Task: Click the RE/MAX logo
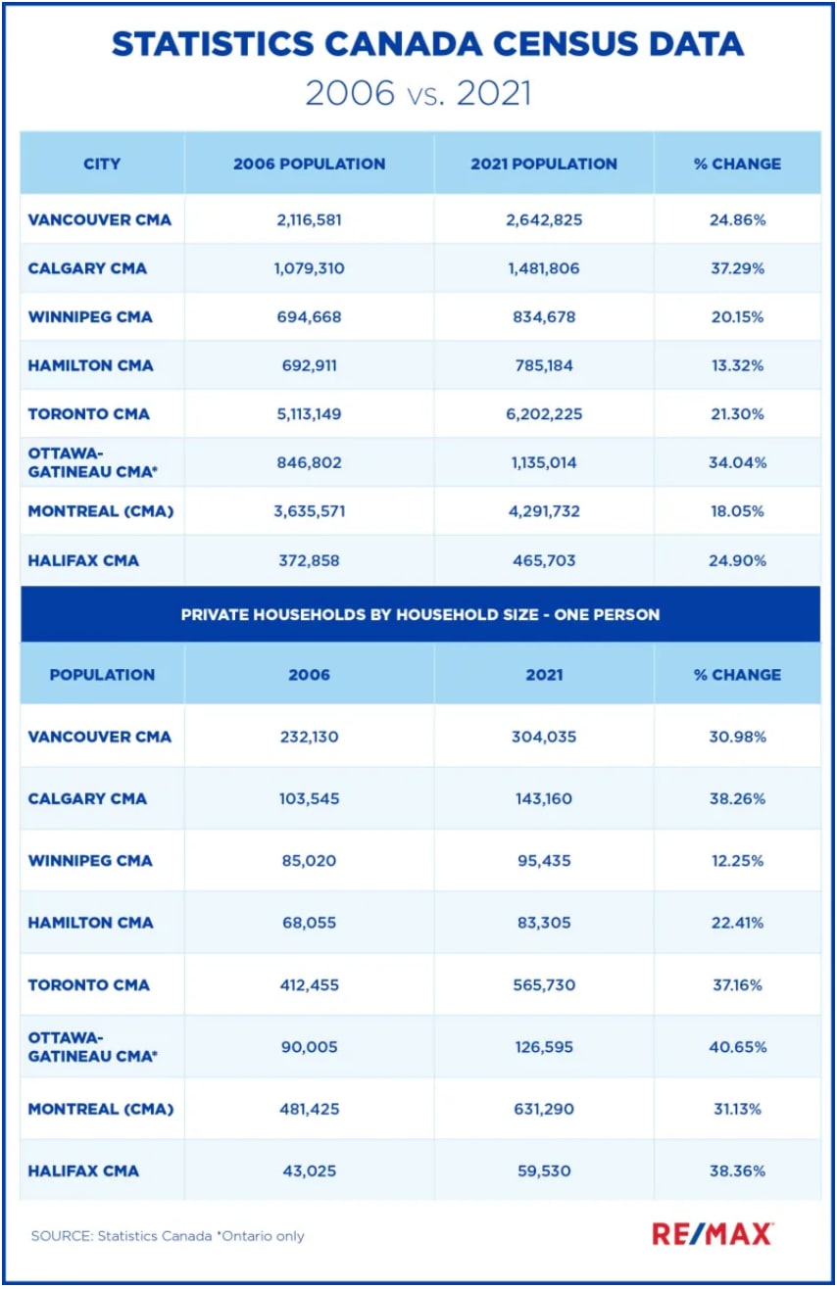(x=713, y=1233)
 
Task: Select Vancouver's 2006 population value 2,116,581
(x=309, y=219)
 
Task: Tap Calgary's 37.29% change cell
(x=737, y=268)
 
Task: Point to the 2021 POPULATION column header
(x=544, y=164)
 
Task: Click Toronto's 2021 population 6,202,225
(x=544, y=413)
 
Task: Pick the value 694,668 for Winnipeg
(x=309, y=317)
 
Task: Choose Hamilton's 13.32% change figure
(x=737, y=365)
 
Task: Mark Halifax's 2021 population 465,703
(x=544, y=560)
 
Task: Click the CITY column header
(x=102, y=164)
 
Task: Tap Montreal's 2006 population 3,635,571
(x=309, y=511)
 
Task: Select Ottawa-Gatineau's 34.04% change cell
(x=737, y=462)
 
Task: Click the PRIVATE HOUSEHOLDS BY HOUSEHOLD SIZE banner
(x=419, y=615)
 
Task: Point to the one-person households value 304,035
(x=544, y=737)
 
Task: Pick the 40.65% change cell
(x=737, y=1047)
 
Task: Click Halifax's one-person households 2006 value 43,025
(x=309, y=1170)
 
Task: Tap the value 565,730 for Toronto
(x=544, y=984)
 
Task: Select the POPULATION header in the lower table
(x=102, y=675)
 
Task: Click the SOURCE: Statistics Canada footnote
(x=168, y=1236)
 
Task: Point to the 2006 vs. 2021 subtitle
(x=418, y=93)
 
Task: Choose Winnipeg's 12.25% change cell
(x=737, y=861)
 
